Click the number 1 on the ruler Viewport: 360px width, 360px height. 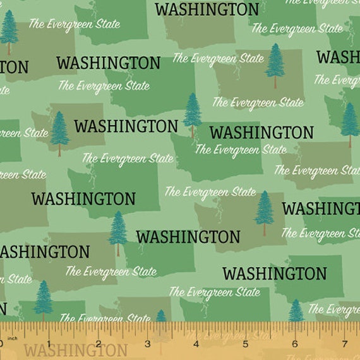50,344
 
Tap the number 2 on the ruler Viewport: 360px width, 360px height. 99,344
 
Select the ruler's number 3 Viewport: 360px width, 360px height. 147,344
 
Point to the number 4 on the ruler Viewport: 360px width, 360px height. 196,344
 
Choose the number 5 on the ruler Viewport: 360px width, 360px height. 245,344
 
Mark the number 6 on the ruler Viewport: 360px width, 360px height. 294,344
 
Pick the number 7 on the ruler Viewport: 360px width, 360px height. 343,344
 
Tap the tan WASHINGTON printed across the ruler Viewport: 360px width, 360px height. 75,351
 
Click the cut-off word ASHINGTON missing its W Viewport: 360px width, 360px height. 44,251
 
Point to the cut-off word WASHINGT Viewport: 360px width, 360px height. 321,208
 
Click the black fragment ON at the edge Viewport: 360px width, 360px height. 14,67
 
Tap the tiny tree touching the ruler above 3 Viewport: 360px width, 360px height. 160,316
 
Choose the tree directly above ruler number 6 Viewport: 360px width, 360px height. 296,310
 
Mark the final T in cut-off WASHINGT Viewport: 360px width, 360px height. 356,208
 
